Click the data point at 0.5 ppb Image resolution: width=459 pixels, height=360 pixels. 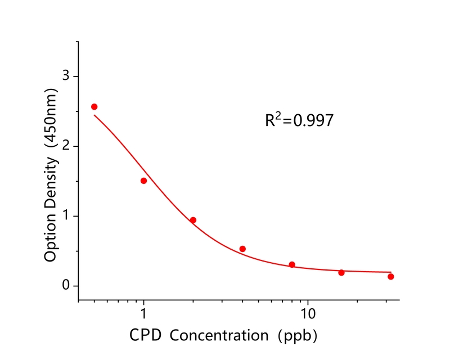click(x=94, y=107)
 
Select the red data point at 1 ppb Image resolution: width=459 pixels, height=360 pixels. click(x=143, y=181)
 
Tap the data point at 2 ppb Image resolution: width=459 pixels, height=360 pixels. click(x=193, y=220)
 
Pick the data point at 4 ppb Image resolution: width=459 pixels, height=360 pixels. click(x=242, y=249)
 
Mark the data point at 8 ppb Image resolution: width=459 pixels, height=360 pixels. click(x=292, y=264)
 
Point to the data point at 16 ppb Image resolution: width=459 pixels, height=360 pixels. click(x=341, y=272)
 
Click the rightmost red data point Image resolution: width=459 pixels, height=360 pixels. click(x=390, y=276)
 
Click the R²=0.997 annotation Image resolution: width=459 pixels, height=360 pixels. click(x=299, y=120)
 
